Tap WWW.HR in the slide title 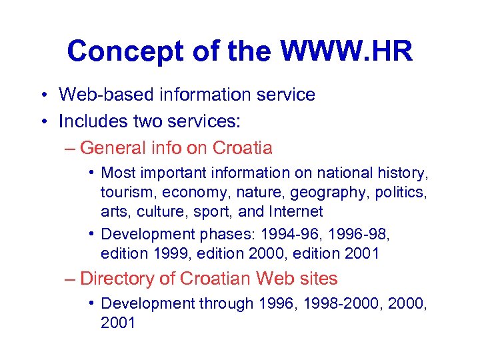coord(347,51)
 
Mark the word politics coord(401,193)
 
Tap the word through coord(226,304)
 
